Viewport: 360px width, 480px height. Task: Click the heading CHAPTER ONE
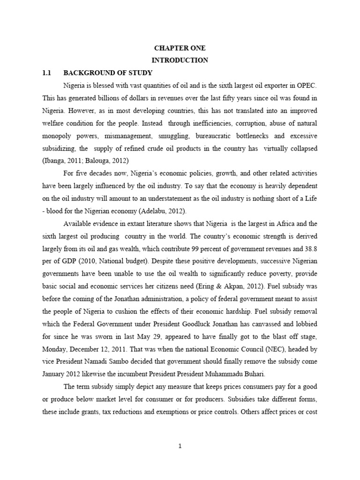[180, 48]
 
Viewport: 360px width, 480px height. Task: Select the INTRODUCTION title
[180, 60]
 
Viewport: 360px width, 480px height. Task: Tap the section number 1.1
[46, 73]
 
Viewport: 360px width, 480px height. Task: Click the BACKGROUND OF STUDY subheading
[108, 73]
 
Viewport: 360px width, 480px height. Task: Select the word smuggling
[176, 136]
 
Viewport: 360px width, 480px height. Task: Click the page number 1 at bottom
[180, 446]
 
